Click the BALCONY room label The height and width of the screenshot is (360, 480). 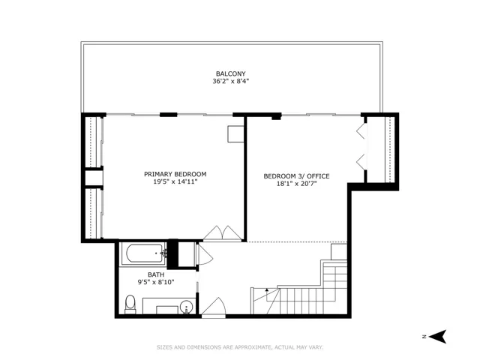pyautogui.click(x=231, y=73)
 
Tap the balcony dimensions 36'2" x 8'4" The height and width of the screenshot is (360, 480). pyautogui.click(x=231, y=82)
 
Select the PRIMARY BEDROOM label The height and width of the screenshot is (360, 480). pyautogui.click(x=175, y=174)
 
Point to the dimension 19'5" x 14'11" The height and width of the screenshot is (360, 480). pyautogui.click(x=175, y=181)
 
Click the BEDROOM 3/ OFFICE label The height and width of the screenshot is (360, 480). pyautogui.click(x=297, y=176)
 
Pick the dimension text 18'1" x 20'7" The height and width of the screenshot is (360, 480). pyautogui.click(x=297, y=184)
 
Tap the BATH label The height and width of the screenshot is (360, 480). pyautogui.click(x=156, y=274)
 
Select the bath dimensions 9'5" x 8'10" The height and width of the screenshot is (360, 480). pyautogui.click(x=156, y=282)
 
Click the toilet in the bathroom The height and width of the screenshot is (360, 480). pyautogui.click(x=130, y=304)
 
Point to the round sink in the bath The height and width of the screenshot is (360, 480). pyautogui.click(x=187, y=307)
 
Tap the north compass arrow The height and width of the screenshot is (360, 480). pyautogui.click(x=438, y=337)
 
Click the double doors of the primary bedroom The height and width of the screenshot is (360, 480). pyautogui.click(x=223, y=233)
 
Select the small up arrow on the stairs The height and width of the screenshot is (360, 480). pyautogui.click(x=267, y=290)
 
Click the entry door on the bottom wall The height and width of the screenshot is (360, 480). pyautogui.click(x=214, y=307)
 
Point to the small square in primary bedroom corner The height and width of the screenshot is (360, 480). pyautogui.click(x=235, y=134)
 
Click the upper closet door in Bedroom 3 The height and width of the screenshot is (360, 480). pyautogui.click(x=361, y=131)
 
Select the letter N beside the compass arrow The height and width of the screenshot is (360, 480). pyautogui.click(x=424, y=337)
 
